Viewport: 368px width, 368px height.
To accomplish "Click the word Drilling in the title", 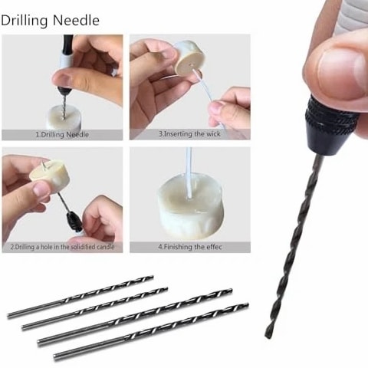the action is coord(25,21).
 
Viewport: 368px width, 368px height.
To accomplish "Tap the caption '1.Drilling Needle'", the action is coord(62,135).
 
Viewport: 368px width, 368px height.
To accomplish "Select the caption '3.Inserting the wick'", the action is coord(189,134).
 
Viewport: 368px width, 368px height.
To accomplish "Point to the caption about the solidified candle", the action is coord(62,247).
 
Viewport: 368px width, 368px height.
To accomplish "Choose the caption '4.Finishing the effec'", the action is coord(189,247).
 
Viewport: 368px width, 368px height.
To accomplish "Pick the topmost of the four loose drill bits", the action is coord(80,297).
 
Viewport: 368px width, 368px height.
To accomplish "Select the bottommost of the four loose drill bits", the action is coord(151,332).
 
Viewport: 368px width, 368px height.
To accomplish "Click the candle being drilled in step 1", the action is coord(64,118).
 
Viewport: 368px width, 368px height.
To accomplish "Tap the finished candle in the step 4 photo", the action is coord(189,208).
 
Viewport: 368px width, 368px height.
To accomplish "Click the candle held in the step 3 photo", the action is coord(189,59).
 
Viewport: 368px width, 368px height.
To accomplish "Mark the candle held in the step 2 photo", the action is coord(50,173).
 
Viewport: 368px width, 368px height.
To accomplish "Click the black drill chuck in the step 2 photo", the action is coord(72,220).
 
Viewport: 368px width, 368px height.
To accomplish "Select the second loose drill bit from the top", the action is coord(95,309).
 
